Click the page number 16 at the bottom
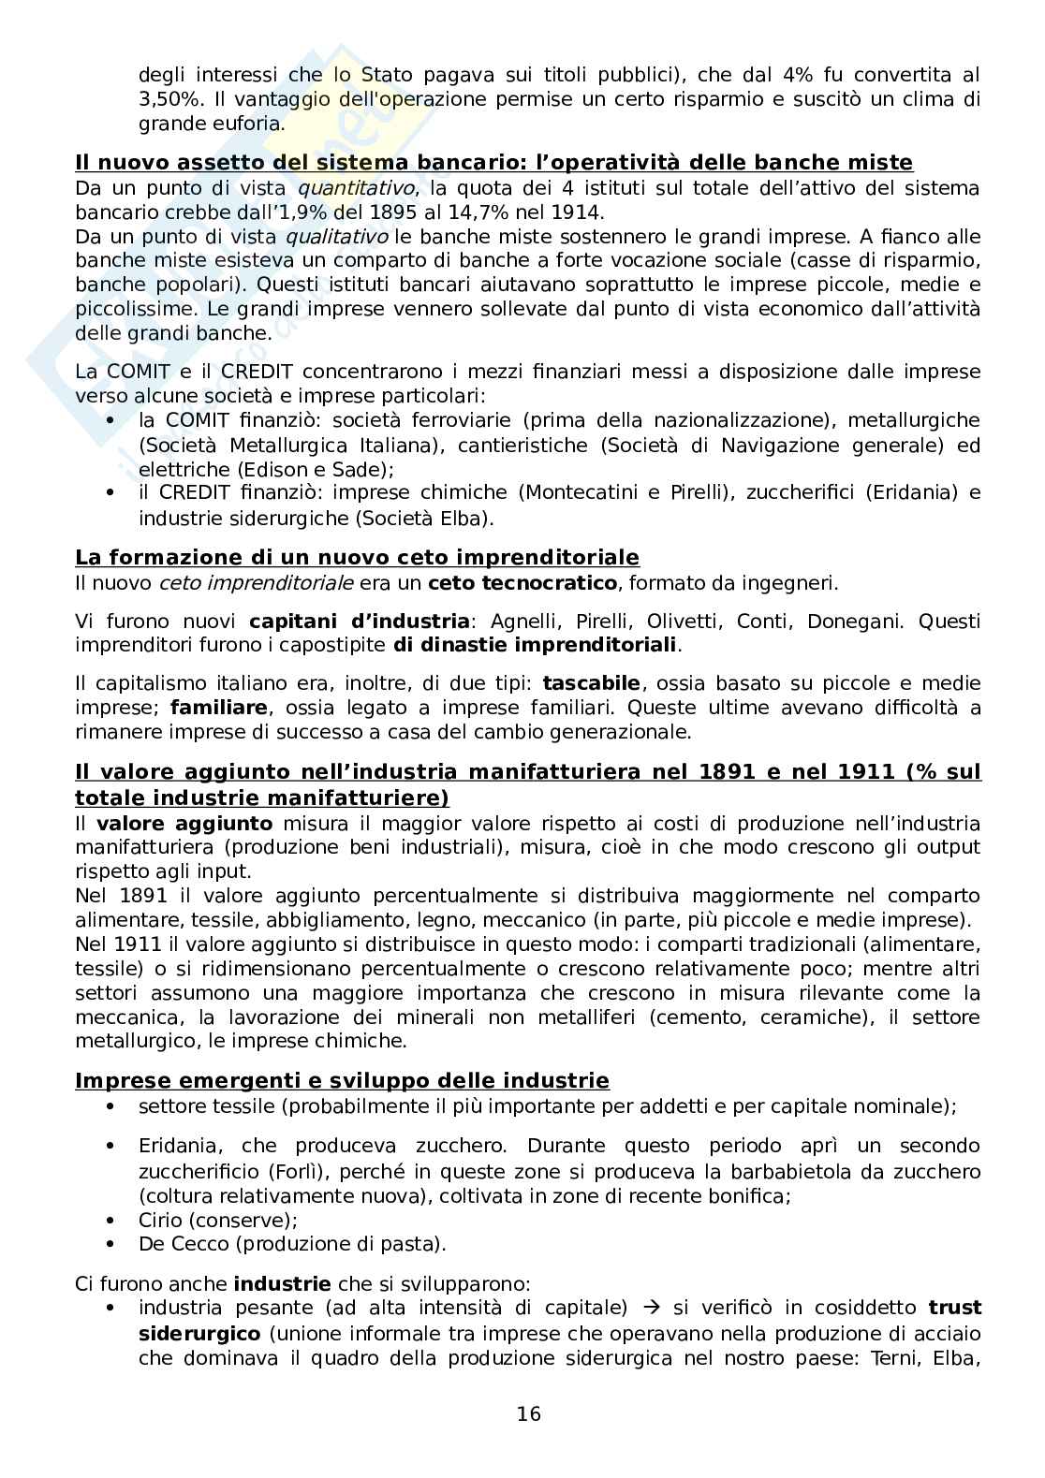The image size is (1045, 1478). [x=528, y=1413]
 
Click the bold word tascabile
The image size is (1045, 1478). [x=591, y=683]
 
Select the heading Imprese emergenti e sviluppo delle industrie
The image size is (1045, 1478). [x=342, y=1081]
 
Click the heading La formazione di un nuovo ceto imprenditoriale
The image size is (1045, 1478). [x=357, y=558]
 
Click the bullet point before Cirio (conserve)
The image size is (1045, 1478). [x=111, y=1221]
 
